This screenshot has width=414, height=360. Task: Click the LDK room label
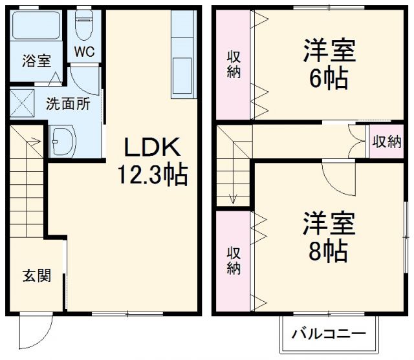tap(151, 147)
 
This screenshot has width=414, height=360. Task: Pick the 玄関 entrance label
tap(34, 276)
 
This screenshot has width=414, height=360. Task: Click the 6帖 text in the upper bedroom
tap(329, 79)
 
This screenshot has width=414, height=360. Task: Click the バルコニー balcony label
tap(328, 334)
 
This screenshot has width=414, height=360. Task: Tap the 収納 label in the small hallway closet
tap(386, 142)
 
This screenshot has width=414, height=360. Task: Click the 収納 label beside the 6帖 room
tap(234, 65)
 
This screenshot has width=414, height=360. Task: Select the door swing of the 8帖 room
tap(339, 176)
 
